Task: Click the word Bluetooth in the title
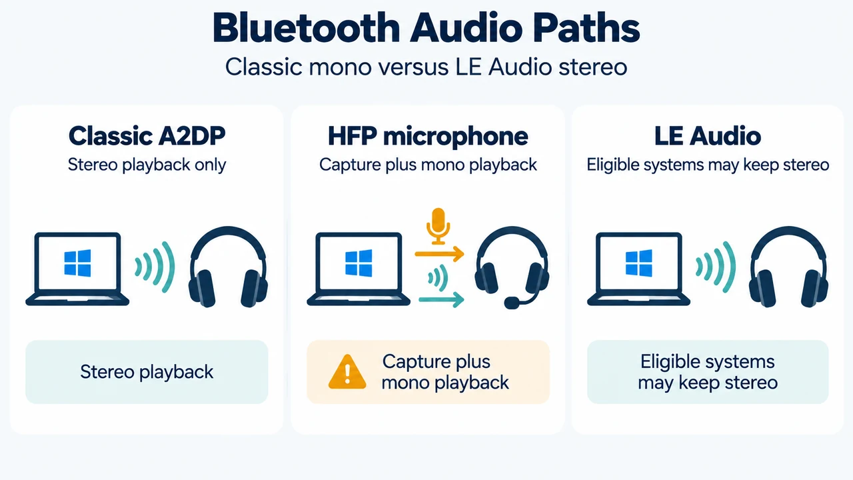point(306,28)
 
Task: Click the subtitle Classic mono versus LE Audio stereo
point(426,67)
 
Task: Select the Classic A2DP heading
point(147,135)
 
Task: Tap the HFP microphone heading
point(428,136)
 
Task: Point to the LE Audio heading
point(708,135)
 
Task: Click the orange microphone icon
point(438,226)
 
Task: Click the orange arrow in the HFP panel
point(439,254)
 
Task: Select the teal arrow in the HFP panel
point(441,299)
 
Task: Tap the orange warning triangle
point(347,372)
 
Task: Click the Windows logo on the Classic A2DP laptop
point(78,263)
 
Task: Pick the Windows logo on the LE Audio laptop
point(638,263)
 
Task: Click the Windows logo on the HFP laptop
point(359,263)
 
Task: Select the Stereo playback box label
point(147,372)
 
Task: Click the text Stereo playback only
point(147,165)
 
